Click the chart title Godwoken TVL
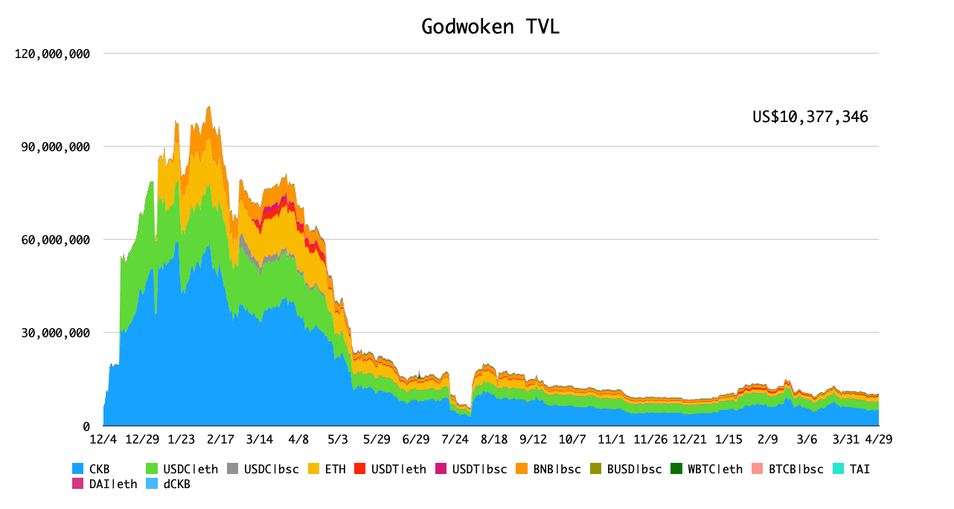click(490, 27)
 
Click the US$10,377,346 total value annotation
click(810, 117)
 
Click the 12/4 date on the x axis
click(103, 439)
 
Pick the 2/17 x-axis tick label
click(220, 439)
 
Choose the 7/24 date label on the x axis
click(455, 439)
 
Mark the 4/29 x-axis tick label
click(878, 439)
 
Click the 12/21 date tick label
click(689, 439)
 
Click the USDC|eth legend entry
click(186, 470)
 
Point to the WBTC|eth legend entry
click(707, 470)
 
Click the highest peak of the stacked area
click(209, 106)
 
